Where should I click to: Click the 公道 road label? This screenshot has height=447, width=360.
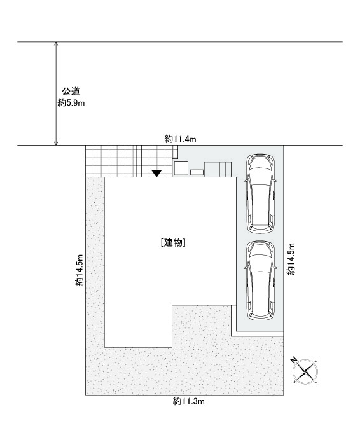(x=71, y=92)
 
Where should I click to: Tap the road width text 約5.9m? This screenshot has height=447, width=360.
(x=71, y=102)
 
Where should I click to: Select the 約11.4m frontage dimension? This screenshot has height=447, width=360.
(x=180, y=139)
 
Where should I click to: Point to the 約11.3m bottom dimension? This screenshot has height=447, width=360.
(x=188, y=401)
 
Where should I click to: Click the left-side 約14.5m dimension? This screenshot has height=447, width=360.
(x=80, y=270)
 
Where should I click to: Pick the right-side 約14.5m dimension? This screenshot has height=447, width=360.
(x=291, y=259)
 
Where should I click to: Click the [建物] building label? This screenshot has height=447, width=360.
(x=173, y=243)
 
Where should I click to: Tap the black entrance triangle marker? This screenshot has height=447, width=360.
(x=156, y=173)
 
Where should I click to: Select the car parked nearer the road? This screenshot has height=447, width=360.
(x=260, y=193)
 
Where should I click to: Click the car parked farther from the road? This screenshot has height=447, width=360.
(x=260, y=280)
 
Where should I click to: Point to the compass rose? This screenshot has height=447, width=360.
(x=305, y=371)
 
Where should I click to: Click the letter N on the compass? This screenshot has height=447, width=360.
(x=294, y=360)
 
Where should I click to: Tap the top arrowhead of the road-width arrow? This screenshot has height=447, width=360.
(x=56, y=44)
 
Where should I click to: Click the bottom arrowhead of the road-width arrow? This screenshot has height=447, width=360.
(x=56, y=143)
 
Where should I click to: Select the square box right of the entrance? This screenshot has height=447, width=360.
(x=181, y=168)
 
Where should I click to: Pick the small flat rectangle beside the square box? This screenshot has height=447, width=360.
(x=197, y=172)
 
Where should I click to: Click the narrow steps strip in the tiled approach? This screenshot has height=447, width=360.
(x=134, y=161)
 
